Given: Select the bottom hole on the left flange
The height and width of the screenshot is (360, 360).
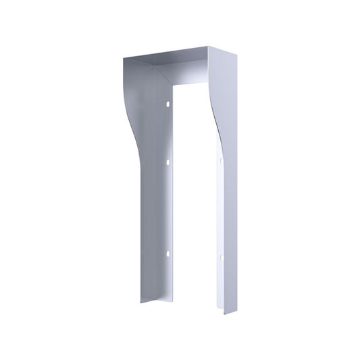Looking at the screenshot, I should click(167, 253).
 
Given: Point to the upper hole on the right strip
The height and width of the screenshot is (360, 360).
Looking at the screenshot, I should click(220, 160).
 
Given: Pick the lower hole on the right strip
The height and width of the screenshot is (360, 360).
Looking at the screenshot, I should click(220, 257).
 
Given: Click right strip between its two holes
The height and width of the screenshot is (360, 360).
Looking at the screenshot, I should click(220, 209).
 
